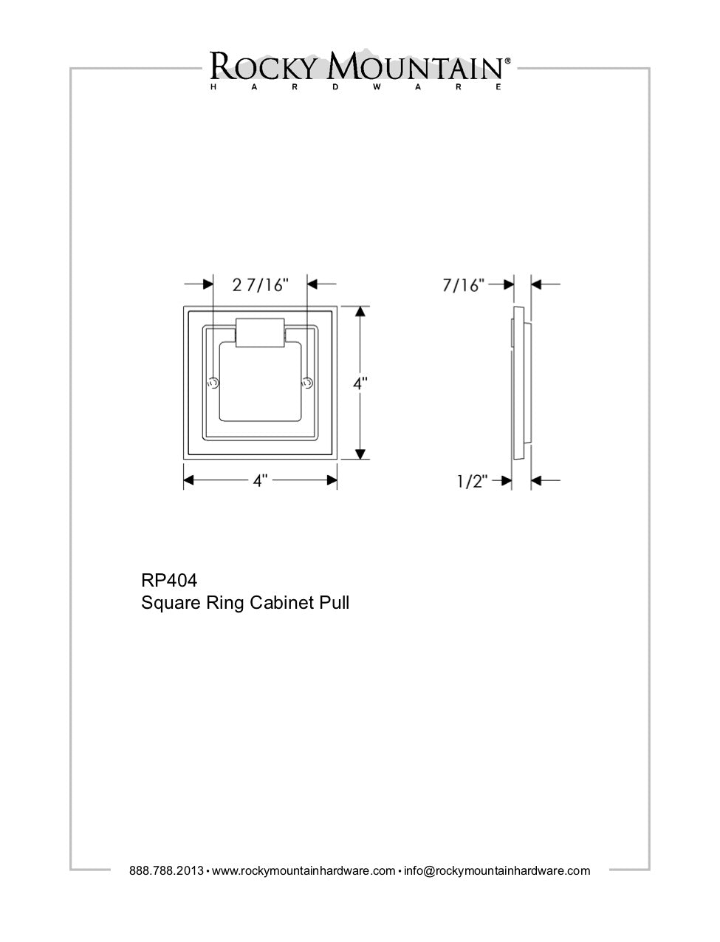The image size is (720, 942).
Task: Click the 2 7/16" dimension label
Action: pyautogui.click(x=260, y=284)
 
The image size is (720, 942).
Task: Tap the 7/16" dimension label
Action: pyautogui.click(x=463, y=284)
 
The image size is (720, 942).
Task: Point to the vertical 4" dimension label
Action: pyautogui.click(x=360, y=383)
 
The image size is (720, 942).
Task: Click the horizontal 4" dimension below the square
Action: pyautogui.click(x=260, y=481)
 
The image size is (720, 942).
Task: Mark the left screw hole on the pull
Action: pyautogui.click(x=213, y=383)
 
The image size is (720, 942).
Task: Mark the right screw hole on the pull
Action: pyautogui.click(x=308, y=383)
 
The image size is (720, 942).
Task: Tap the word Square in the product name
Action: pyautogui.click(x=166, y=603)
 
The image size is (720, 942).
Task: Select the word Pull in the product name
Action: pyautogui.click(x=334, y=603)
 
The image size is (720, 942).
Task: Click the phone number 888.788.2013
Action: pyautogui.click(x=166, y=870)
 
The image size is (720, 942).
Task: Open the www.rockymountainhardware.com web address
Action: pyautogui.click(x=304, y=870)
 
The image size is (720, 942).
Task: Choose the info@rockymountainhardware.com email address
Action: pyautogui.click(x=497, y=870)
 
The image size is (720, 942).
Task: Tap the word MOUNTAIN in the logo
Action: pyautogui.click(x=415, y=67)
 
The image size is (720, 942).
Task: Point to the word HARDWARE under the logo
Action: pyautogui.click(x=357, y=87)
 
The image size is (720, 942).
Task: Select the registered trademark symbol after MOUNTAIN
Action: pyautogui.click(x=507, y=62)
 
